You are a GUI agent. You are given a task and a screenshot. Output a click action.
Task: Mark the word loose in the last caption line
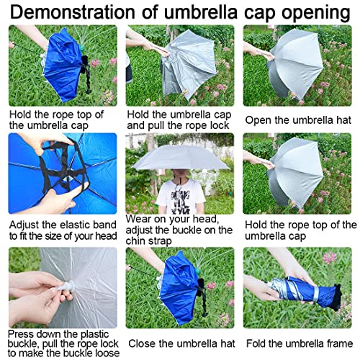click(102, 352)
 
